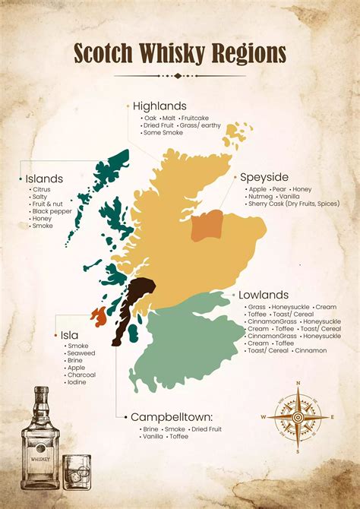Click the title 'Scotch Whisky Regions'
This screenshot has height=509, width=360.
pyautogui.click(x=180, y=53)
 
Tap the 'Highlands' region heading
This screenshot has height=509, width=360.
pyautogui.click(x=159, y=106)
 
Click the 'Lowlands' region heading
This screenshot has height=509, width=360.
pyautogui.click(x=264, y=295)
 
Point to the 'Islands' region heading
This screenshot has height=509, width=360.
pyautogui.click(x=44, y=179)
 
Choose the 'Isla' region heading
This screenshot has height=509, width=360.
pyautogui.click(x=69, y=334)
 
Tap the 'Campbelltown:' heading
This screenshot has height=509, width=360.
pyautogui.click(x=170, y=417)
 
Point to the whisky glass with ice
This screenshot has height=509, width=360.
pyautogui.click(x=76, y=473)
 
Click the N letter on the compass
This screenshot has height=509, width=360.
pyautogui.click(x=298, y=383)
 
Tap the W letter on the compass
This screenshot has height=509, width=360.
pyautogui.click(x=264, y=417)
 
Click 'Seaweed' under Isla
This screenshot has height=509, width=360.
pyautogui.click(x=81, y=353)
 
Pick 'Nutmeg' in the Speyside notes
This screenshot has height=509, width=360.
pyautogui.click(x=261, y=197)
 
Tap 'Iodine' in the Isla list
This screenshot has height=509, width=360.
pyautogui.click(x=77, y=382)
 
